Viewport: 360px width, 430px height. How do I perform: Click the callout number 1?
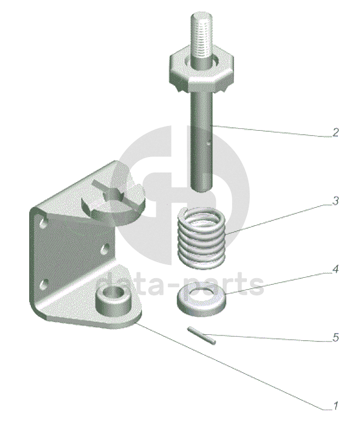[335, 405]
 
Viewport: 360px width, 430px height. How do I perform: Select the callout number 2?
[335, 132]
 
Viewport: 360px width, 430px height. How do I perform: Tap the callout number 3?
[335, 201]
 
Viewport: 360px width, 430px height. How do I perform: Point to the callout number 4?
[335, 269]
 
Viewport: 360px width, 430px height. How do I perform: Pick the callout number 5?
[335, 337]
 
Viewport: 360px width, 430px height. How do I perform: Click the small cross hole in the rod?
[209, 142]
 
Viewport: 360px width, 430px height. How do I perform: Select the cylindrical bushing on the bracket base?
[114, 302]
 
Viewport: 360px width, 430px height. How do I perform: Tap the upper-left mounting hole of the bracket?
[43, 223]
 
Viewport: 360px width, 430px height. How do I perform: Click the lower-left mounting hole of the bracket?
[43, 284]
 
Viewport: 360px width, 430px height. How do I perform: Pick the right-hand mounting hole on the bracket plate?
[105, 249]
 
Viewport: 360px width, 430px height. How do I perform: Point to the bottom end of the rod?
[201, 189]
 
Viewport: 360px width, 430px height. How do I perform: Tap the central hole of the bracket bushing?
[114, 293]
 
